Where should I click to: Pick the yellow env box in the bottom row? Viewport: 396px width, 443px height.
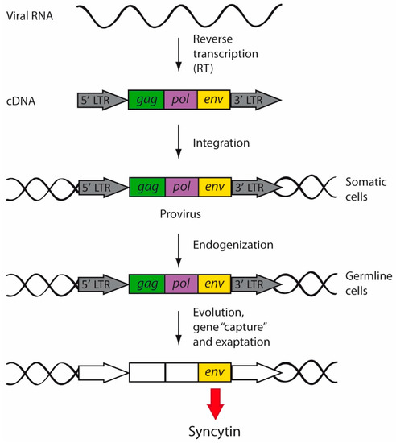pos(215,371)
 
